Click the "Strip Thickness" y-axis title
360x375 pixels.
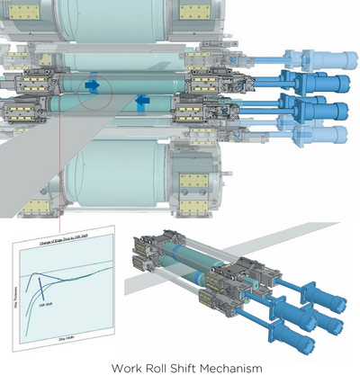20,288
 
